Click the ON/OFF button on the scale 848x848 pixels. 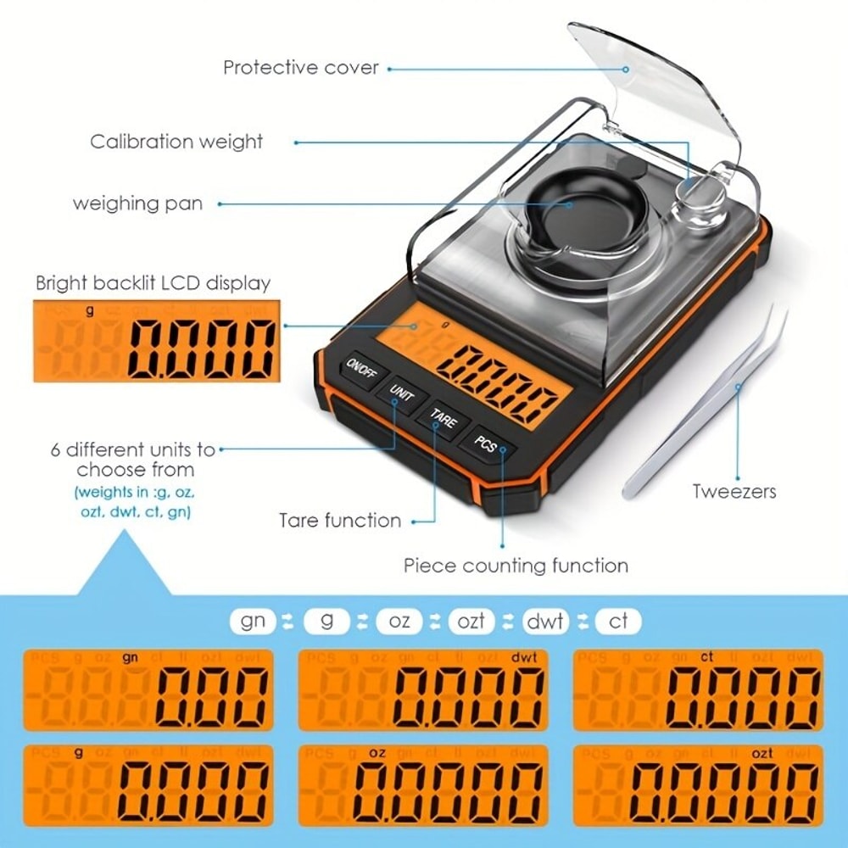coord(364,371)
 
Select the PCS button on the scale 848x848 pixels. coord(486,441)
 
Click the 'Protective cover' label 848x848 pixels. coord(301,67)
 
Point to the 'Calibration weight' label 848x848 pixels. coord(176,141)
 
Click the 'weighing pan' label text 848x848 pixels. coord(137,204)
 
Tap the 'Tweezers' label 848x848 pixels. coord(734,491)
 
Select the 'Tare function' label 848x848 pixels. coord(340,520)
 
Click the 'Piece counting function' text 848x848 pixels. coord(516,565)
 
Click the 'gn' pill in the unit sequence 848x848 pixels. coord(253,621)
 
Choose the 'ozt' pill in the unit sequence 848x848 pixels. coord(471,621)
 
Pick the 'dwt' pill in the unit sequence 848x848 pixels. coord(545,621)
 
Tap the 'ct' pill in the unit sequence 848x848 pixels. coord(619,621)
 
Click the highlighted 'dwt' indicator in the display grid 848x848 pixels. coord(524,656)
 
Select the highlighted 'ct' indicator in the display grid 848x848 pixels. coord(706,656)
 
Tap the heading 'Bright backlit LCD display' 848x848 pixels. coord(153,282)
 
